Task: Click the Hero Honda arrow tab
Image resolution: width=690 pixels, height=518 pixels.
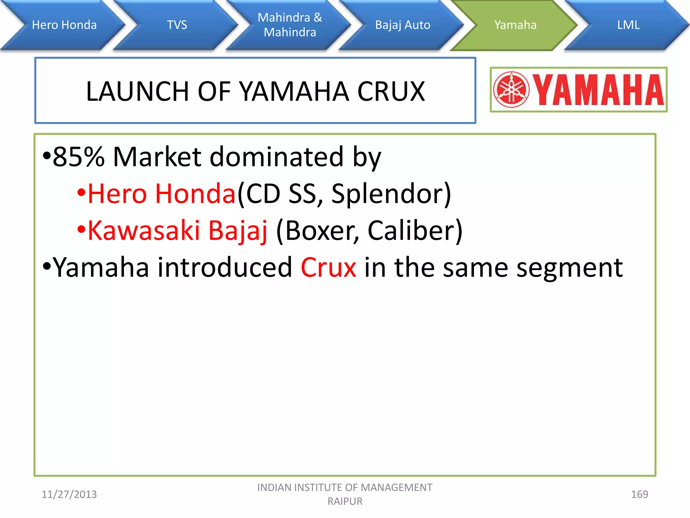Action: (64, 25)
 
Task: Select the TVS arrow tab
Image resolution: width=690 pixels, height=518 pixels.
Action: (177, 25)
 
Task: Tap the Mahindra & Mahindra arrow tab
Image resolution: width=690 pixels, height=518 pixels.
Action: (290, 25)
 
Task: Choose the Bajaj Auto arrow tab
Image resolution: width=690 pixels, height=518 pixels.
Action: (403, 25)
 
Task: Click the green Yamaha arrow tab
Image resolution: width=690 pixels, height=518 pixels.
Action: (515, 25)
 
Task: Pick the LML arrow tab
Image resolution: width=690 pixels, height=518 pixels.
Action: (628, 25)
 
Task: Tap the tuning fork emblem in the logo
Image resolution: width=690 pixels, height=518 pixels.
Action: (511, 90)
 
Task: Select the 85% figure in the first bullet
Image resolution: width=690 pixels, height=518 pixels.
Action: (79, 157)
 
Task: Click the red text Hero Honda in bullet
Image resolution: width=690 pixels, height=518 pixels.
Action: (161, 194)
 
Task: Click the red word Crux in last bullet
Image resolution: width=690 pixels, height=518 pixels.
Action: (328, 267)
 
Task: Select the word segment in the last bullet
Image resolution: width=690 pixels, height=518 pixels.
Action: (569, 268)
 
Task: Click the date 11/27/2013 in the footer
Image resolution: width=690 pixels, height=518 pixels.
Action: (69, 494)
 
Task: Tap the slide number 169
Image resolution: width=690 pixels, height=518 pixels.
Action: (639, 494)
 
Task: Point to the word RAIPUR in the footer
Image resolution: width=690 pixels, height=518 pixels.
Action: (345, 501)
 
